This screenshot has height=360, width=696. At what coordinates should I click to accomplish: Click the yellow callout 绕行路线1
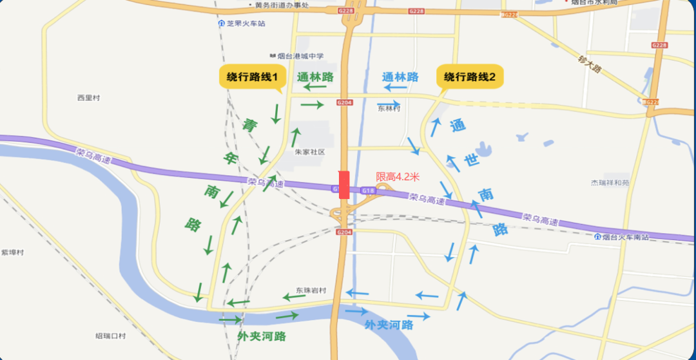click(252, 77)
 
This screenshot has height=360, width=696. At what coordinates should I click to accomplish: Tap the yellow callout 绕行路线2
click(470, 77)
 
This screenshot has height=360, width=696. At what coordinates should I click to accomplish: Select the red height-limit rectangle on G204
click(344, 185)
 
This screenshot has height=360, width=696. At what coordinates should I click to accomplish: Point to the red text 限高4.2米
click(398, 176)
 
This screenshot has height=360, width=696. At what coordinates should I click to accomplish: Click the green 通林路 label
click(315, 77)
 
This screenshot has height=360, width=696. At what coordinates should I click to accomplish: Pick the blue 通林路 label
click(400, 77)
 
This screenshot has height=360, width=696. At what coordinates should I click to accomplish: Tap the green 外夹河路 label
click(262, 336)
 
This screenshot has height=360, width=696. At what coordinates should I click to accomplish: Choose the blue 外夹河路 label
click(389, 325)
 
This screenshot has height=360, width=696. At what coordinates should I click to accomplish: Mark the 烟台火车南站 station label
click(623, 236)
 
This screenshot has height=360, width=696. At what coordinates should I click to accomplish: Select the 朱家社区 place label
click(310, 152)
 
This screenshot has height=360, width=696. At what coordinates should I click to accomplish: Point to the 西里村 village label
click(89, 98)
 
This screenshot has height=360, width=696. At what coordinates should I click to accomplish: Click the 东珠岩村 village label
click(311, 290)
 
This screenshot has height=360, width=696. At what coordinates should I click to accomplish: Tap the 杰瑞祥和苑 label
click(610, 183)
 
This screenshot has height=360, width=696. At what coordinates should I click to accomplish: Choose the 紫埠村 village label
click(13, 252)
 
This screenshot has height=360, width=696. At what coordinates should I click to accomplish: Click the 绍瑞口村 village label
click(110, 336)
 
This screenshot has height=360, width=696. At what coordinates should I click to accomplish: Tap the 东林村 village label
click(389, 109)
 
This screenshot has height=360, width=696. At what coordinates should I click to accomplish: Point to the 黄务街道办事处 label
click(282, 5)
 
